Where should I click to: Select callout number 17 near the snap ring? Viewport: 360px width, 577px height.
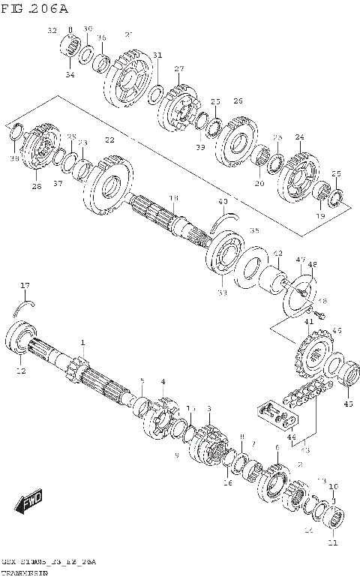click(24, 285)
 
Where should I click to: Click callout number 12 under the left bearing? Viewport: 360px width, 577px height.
click(21, 371)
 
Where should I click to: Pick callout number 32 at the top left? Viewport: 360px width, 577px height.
click(52, 30)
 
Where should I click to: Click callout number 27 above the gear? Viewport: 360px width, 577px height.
click(179, 69)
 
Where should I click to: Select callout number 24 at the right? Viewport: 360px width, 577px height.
click(299, 137)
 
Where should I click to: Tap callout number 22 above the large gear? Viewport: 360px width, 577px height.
click(110, 140)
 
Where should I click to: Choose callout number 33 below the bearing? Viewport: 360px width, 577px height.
click(222, 293)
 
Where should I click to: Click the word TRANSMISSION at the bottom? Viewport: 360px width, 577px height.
click(24, 572)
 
